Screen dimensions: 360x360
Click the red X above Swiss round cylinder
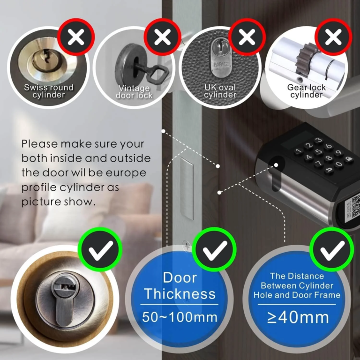click(x=76, y=37)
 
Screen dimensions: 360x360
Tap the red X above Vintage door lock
click(x=162, y=37)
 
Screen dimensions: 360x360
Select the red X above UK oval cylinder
click(x=247, y=37)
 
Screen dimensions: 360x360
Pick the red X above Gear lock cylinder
click(x=333, y=37)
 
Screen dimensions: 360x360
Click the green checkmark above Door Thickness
click(x=214, y=249)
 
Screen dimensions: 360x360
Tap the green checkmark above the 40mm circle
click(x=332, y=249)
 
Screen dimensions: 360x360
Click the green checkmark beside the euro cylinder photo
click(x=100, y=249)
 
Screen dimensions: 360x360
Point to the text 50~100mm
click(x=180, y=317)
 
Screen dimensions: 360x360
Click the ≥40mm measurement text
click(x=298, y=317)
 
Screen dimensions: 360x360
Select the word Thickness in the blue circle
click(x=180, y=294)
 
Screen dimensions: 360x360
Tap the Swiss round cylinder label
click(x=49, y=91)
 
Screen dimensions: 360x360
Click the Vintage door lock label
click(x=134, y=91)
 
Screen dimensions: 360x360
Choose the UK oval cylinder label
click(x=220, y=91)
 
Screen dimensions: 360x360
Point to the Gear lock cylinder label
click(x=307, y=91)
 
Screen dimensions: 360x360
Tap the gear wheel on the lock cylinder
click(x=307, y=61)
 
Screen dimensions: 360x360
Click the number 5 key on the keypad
click(x=318, y=151)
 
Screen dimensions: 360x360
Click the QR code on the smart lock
click(x=356, y=205)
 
